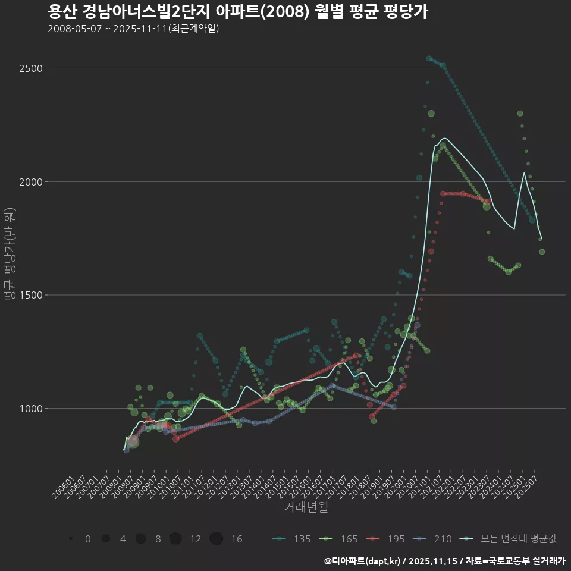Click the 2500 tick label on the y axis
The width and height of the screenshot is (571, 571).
30,68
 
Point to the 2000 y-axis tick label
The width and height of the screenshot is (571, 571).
30,181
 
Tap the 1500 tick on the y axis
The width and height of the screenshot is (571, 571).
30,295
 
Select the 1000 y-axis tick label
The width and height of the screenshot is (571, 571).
30,409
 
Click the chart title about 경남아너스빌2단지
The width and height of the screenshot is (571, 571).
237,12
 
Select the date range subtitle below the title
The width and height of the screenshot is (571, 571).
133,29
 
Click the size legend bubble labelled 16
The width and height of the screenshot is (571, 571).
217,539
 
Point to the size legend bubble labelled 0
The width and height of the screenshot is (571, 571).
71,539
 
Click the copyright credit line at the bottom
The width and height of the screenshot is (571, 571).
445,561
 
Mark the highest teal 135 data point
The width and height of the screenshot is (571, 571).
429,58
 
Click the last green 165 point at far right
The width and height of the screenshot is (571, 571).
542,252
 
